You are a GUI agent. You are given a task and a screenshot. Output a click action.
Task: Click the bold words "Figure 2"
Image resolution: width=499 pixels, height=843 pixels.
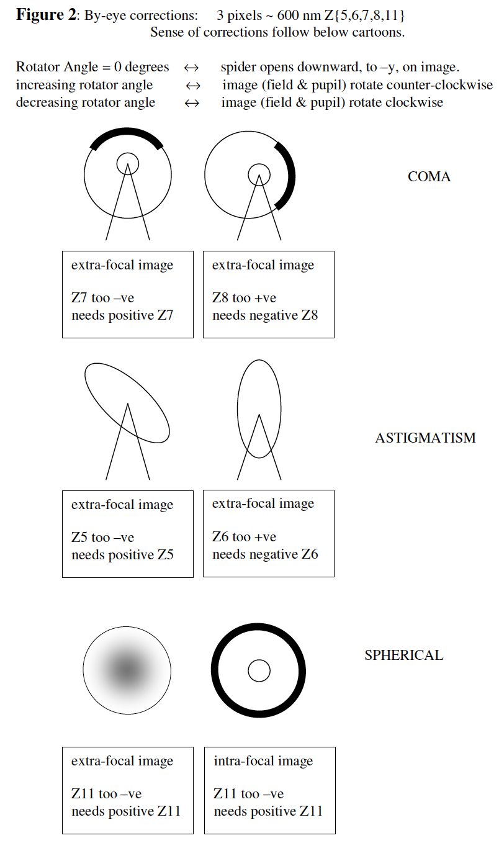click(x=46, y=15)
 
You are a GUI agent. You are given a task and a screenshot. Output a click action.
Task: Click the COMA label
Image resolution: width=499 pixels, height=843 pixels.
click(x=429, y=176)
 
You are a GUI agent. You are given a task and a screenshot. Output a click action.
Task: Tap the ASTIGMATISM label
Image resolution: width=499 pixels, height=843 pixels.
click(x=425, y=438)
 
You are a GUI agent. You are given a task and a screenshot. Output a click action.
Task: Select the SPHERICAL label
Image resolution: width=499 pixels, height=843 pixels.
click(x=404, y=655)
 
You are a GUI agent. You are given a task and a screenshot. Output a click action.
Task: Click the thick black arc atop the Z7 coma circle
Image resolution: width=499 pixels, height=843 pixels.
click(x=127, y=132)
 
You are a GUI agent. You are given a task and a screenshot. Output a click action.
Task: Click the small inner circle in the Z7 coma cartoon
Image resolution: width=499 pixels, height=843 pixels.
click(x=128, y=164)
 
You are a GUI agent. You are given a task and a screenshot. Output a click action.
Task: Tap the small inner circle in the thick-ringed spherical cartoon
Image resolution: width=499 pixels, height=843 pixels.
click(x=259, y=670)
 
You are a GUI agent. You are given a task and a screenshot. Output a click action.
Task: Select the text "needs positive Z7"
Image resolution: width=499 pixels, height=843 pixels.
click(x=122, y=315)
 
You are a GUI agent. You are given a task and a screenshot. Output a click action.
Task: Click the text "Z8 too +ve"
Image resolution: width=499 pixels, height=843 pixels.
click(x=244, y=298)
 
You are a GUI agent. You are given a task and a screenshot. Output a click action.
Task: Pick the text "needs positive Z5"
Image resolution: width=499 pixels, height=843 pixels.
click(x=122, y=555)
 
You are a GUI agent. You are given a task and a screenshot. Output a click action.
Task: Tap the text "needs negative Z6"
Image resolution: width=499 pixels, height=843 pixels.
click(x=265, y=554)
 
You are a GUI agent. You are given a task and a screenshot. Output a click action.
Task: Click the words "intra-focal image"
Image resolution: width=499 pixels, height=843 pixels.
click(x=263, y=761)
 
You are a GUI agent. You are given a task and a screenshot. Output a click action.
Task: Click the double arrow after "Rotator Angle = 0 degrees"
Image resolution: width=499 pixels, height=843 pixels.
click(x=191, y=68)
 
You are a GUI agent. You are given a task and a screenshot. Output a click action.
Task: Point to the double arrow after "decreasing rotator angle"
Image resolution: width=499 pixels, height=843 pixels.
click(x=192, y=103)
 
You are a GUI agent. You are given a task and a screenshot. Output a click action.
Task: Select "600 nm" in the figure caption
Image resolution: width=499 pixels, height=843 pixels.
click(x=299, y=16)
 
